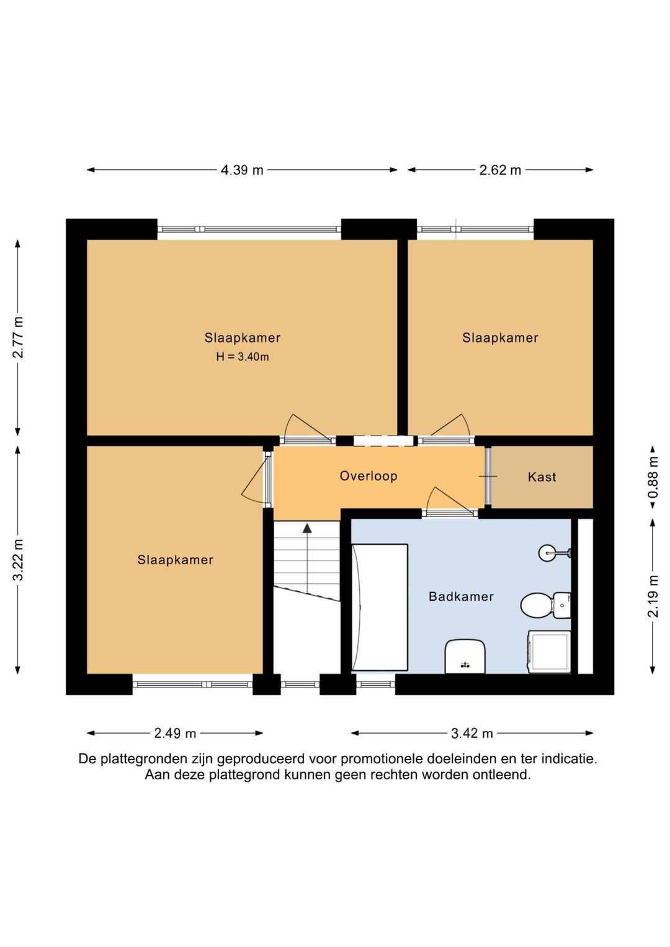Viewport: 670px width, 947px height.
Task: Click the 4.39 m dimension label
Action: click(x=242, y=170)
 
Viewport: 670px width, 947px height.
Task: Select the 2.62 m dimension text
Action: click(x=500, y=170)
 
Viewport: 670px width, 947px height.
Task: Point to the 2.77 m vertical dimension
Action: click(x=18, y=337)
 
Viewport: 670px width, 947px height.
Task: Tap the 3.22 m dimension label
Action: click(x=18, y=560)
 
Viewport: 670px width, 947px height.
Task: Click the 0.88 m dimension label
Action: click(x=653, y=477)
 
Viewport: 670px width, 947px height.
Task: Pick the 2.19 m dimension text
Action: click(x=653, y=596)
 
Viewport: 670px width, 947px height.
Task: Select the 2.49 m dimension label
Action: click(x=175, y=733)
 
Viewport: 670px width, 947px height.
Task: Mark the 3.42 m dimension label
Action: click(x=472, y=733)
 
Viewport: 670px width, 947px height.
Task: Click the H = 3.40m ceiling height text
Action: click(x=242, y=357)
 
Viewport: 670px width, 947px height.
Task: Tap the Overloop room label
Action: click(x=368, y=476)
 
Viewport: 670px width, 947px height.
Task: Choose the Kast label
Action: click(x=542, y=477)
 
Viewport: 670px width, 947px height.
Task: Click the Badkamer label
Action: click(x=461, y=596)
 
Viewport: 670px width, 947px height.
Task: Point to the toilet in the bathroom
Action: click(x=545, y=606)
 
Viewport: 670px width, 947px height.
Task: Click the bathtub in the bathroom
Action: click(x=380, y=608)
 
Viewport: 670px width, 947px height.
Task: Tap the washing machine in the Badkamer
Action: click(x=549, y=652)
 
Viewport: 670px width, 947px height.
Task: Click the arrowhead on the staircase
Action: click(x=307, y=528)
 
